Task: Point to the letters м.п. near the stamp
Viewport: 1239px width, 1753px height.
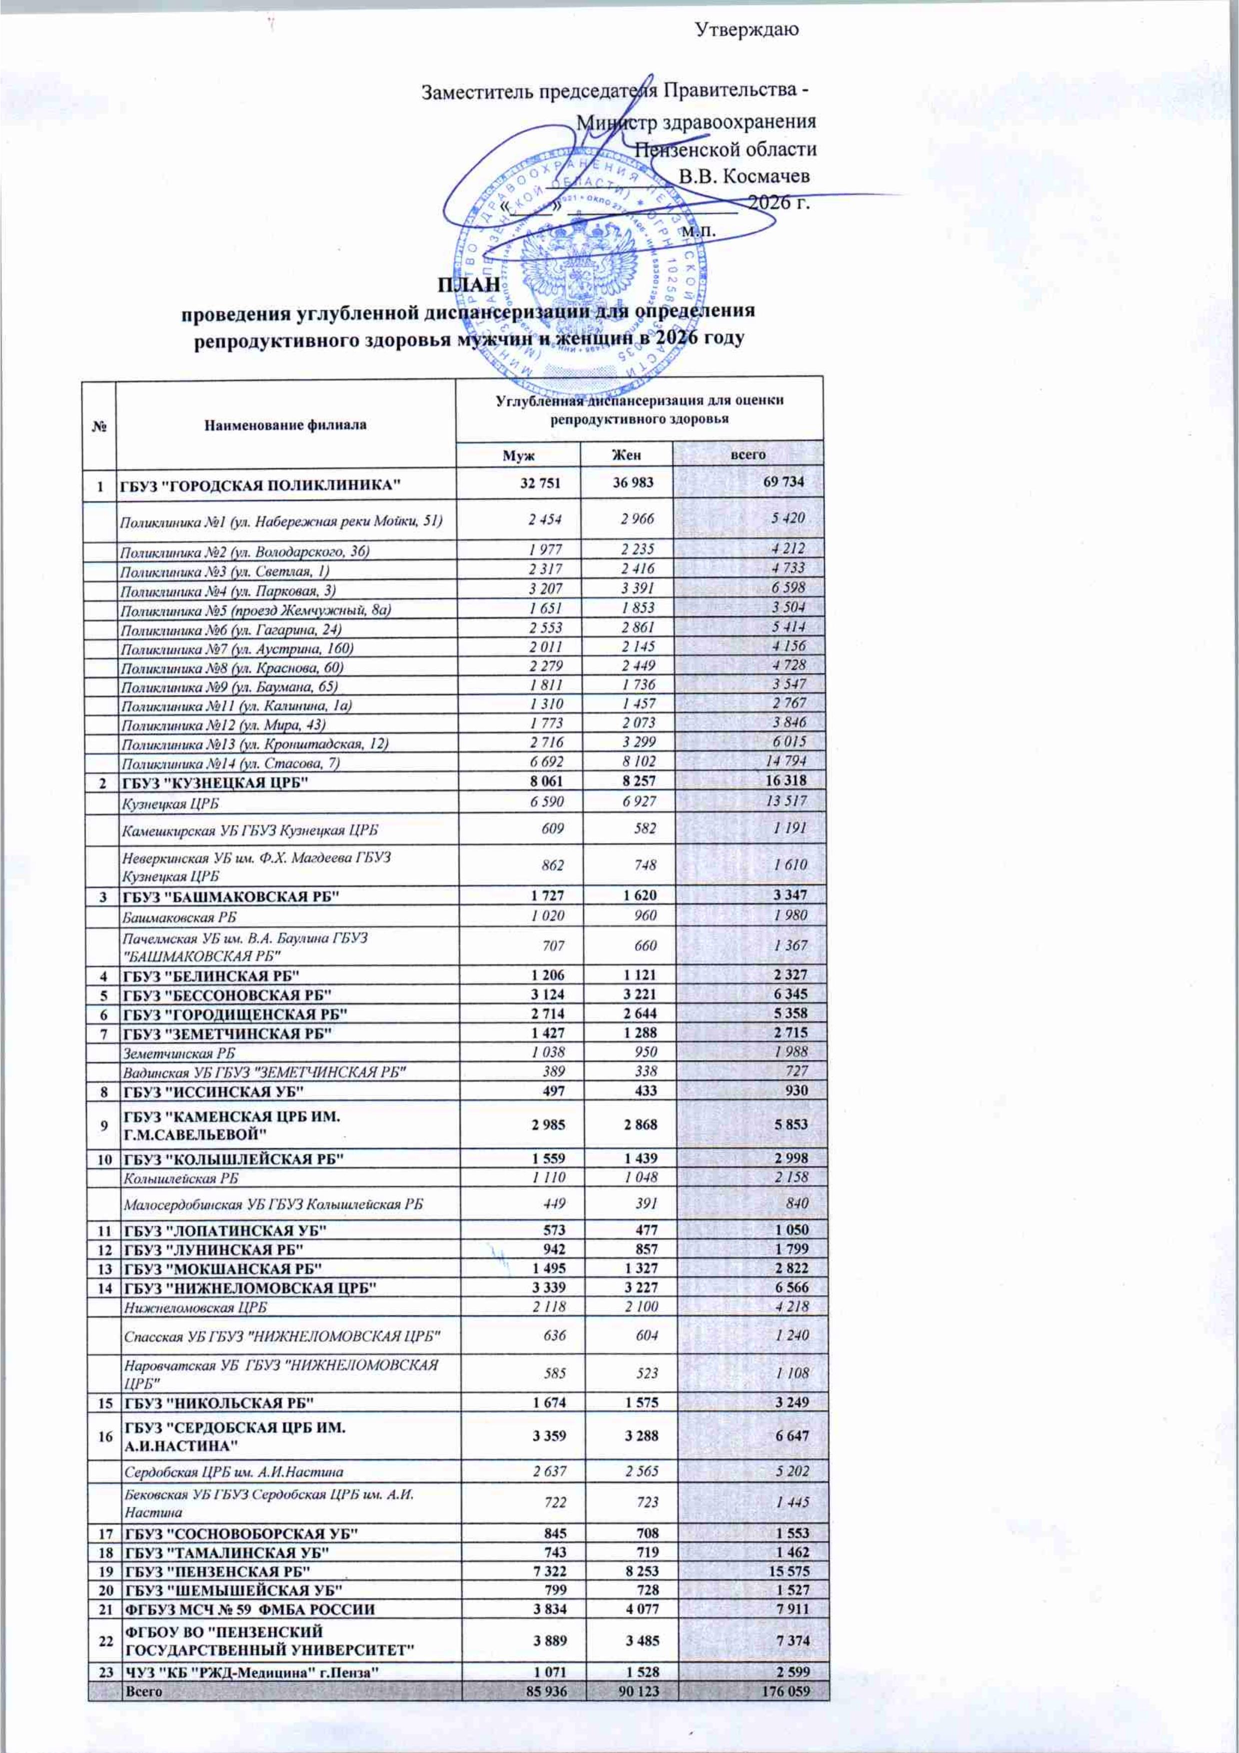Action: [698, 229]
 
